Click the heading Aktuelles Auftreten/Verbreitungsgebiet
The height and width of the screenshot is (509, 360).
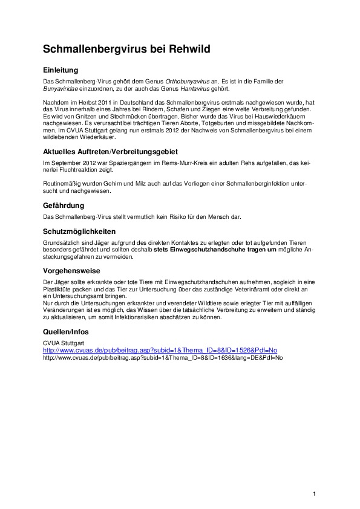(110, 151)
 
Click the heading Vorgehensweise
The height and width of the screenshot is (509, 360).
(71, 271)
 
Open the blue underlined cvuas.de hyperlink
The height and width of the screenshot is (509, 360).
(160, 350)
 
